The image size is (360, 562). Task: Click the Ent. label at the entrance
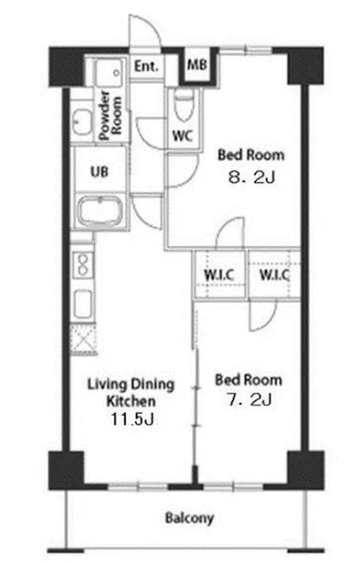coord(146,66)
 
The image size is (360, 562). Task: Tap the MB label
coord(197,65)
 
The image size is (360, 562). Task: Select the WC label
coord(182,136)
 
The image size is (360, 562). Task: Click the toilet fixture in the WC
coord(184,104)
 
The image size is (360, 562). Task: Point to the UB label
coord(99,172)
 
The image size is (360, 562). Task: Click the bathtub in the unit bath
coord(101,211)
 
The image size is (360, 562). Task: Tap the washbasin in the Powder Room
coord(82,122)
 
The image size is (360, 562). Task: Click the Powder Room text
coord(110,115)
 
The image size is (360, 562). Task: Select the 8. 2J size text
coord(251,177)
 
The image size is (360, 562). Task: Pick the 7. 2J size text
coord(250,399)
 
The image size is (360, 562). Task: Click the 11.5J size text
coord(132,419)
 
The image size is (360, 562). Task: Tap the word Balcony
coord(189,518)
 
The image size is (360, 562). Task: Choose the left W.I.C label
coord(219,275)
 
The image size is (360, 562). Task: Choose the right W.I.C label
coord(274,275)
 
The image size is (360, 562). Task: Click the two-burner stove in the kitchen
coord(84,265)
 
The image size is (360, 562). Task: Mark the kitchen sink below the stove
coord(84,305)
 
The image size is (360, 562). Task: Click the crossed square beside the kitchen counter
coord(84,339)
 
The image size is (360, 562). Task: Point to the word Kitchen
coord(131,402)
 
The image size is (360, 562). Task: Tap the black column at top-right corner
coord(305,66)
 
